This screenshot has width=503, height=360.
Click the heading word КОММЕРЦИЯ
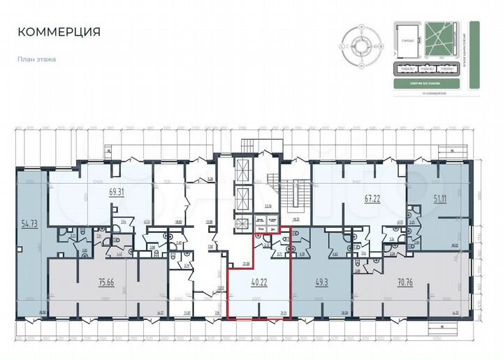(x=59, y=32)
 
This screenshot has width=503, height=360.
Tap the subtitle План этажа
(x=36, y=59)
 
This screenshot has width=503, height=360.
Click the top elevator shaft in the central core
(x=242, y=170)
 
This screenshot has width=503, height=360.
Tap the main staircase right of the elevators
(x=288, y=192)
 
